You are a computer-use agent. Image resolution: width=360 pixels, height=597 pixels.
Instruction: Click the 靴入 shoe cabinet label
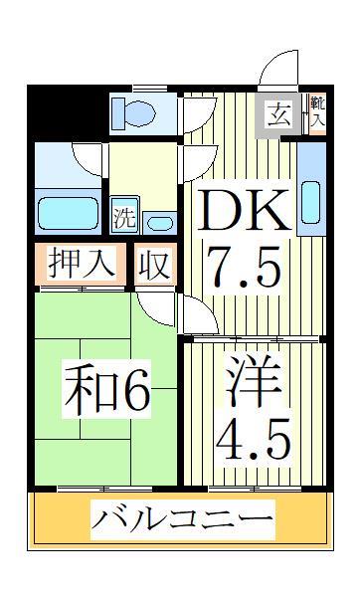[315, 111]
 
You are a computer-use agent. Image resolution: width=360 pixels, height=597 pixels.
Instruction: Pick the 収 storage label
[155, 265]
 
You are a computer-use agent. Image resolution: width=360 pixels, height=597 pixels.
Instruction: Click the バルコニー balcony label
[182, 518]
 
